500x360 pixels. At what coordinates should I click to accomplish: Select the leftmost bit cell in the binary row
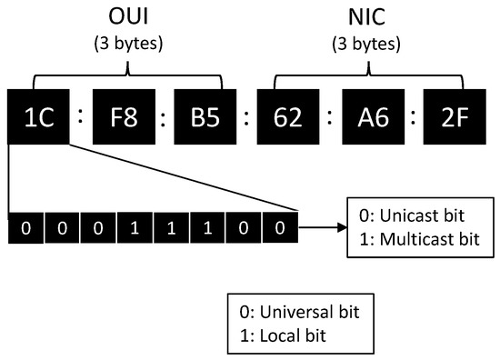[x=25, y=225]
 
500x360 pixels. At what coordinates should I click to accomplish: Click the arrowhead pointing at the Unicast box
[x=341, y=225]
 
